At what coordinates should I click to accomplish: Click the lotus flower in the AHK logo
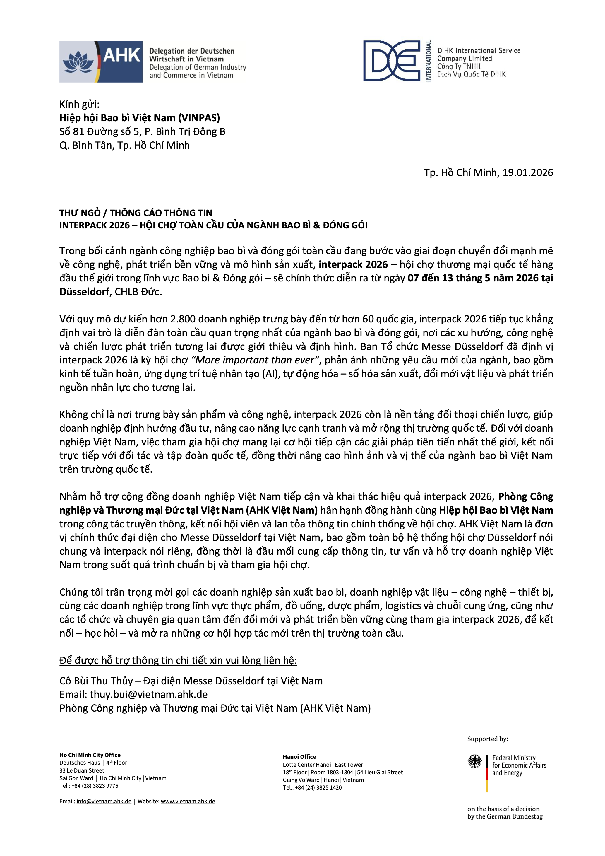[x=78, y=62]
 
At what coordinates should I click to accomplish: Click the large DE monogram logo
[x=392, y=61]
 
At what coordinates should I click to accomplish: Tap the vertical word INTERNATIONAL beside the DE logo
[x=429, y=61]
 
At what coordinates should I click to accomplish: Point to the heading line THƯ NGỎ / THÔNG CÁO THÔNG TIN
[x=136, y=213]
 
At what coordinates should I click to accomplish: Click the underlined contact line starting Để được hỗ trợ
[x=178, y=660]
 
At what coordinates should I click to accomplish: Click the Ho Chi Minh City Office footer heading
[x=90, y=755]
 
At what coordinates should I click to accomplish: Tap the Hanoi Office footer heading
[x=299, y=757]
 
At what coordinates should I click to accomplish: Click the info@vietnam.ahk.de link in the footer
[x=104, y=801]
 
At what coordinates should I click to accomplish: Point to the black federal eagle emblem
[x=475, y=761]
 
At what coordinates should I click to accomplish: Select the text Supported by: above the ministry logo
[x=487, y=739]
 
